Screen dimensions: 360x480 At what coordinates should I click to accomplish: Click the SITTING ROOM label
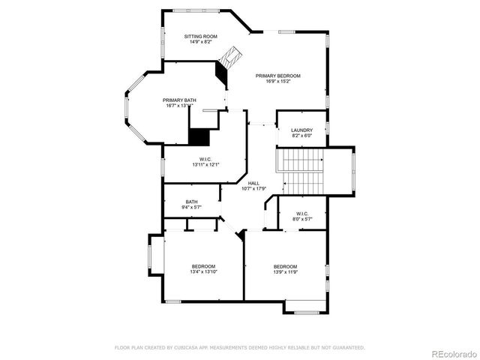click(x=201, y=36)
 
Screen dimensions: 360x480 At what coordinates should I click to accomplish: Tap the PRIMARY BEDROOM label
click(x=277, y=76)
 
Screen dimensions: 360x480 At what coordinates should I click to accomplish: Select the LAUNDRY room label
click(x=301, y=130)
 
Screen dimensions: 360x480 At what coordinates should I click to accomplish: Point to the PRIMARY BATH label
click(x=179, y=100)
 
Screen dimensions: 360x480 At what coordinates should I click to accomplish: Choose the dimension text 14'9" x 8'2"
click(x=201, y=43)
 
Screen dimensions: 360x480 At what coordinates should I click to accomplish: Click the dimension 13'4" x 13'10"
click(x=203, y=273)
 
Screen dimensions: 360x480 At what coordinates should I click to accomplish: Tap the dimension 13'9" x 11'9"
click(x=285, y=273)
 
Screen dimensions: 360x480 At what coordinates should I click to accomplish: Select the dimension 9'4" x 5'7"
click(x=191, y=208)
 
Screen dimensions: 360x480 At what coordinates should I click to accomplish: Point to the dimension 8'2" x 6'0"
click(x=301, y=136)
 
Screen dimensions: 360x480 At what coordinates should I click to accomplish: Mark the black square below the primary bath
click(x=199, y=137)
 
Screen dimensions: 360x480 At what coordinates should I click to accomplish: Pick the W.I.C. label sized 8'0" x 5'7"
click(x=302, y=214)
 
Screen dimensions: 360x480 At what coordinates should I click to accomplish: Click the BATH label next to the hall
click(x=191, y=202)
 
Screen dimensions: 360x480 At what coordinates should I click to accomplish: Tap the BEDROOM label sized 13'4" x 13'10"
click(x=203, y=267)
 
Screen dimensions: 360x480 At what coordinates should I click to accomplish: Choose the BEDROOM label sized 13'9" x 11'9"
click(x=285, y=267)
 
